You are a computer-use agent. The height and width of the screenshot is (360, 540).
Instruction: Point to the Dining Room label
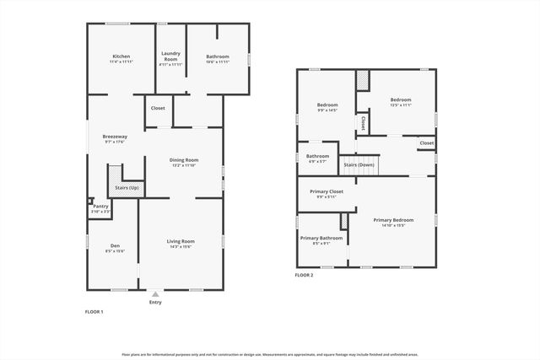[x=184, y=162]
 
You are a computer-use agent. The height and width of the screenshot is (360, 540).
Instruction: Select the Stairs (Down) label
[x=359, y=164]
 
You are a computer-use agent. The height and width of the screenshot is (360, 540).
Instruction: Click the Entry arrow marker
[x=155, y=293]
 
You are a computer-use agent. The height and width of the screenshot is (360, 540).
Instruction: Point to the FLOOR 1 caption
[x=94, y=312]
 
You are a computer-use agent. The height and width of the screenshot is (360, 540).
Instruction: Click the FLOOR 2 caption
[x=304, y=276]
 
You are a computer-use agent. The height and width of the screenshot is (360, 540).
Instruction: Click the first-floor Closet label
[x=158, y=108]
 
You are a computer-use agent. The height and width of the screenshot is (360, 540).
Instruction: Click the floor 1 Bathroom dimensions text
[x=218, y=62]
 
